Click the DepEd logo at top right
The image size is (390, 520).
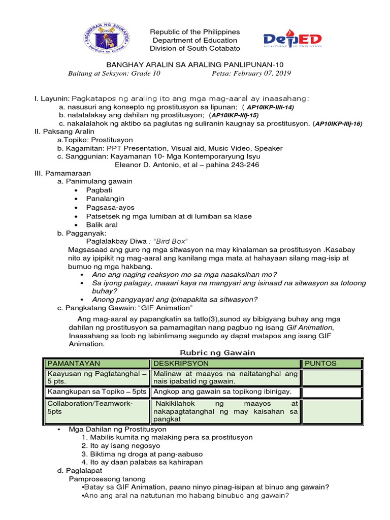coord(292,39)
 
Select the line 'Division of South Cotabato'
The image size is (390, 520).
coord(194,49)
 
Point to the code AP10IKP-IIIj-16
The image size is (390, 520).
coord(339,123)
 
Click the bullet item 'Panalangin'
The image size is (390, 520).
coord(105,199)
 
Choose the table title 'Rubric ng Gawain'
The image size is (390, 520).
coord(218,352)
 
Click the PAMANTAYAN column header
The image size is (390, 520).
coord(74,364)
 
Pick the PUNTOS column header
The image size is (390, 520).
coord(320,364)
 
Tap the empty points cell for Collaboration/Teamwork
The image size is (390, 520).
coord(332,411)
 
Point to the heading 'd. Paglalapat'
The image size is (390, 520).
coord(80,471)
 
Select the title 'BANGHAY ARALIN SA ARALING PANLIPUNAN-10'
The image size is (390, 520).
coord(194,65)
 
